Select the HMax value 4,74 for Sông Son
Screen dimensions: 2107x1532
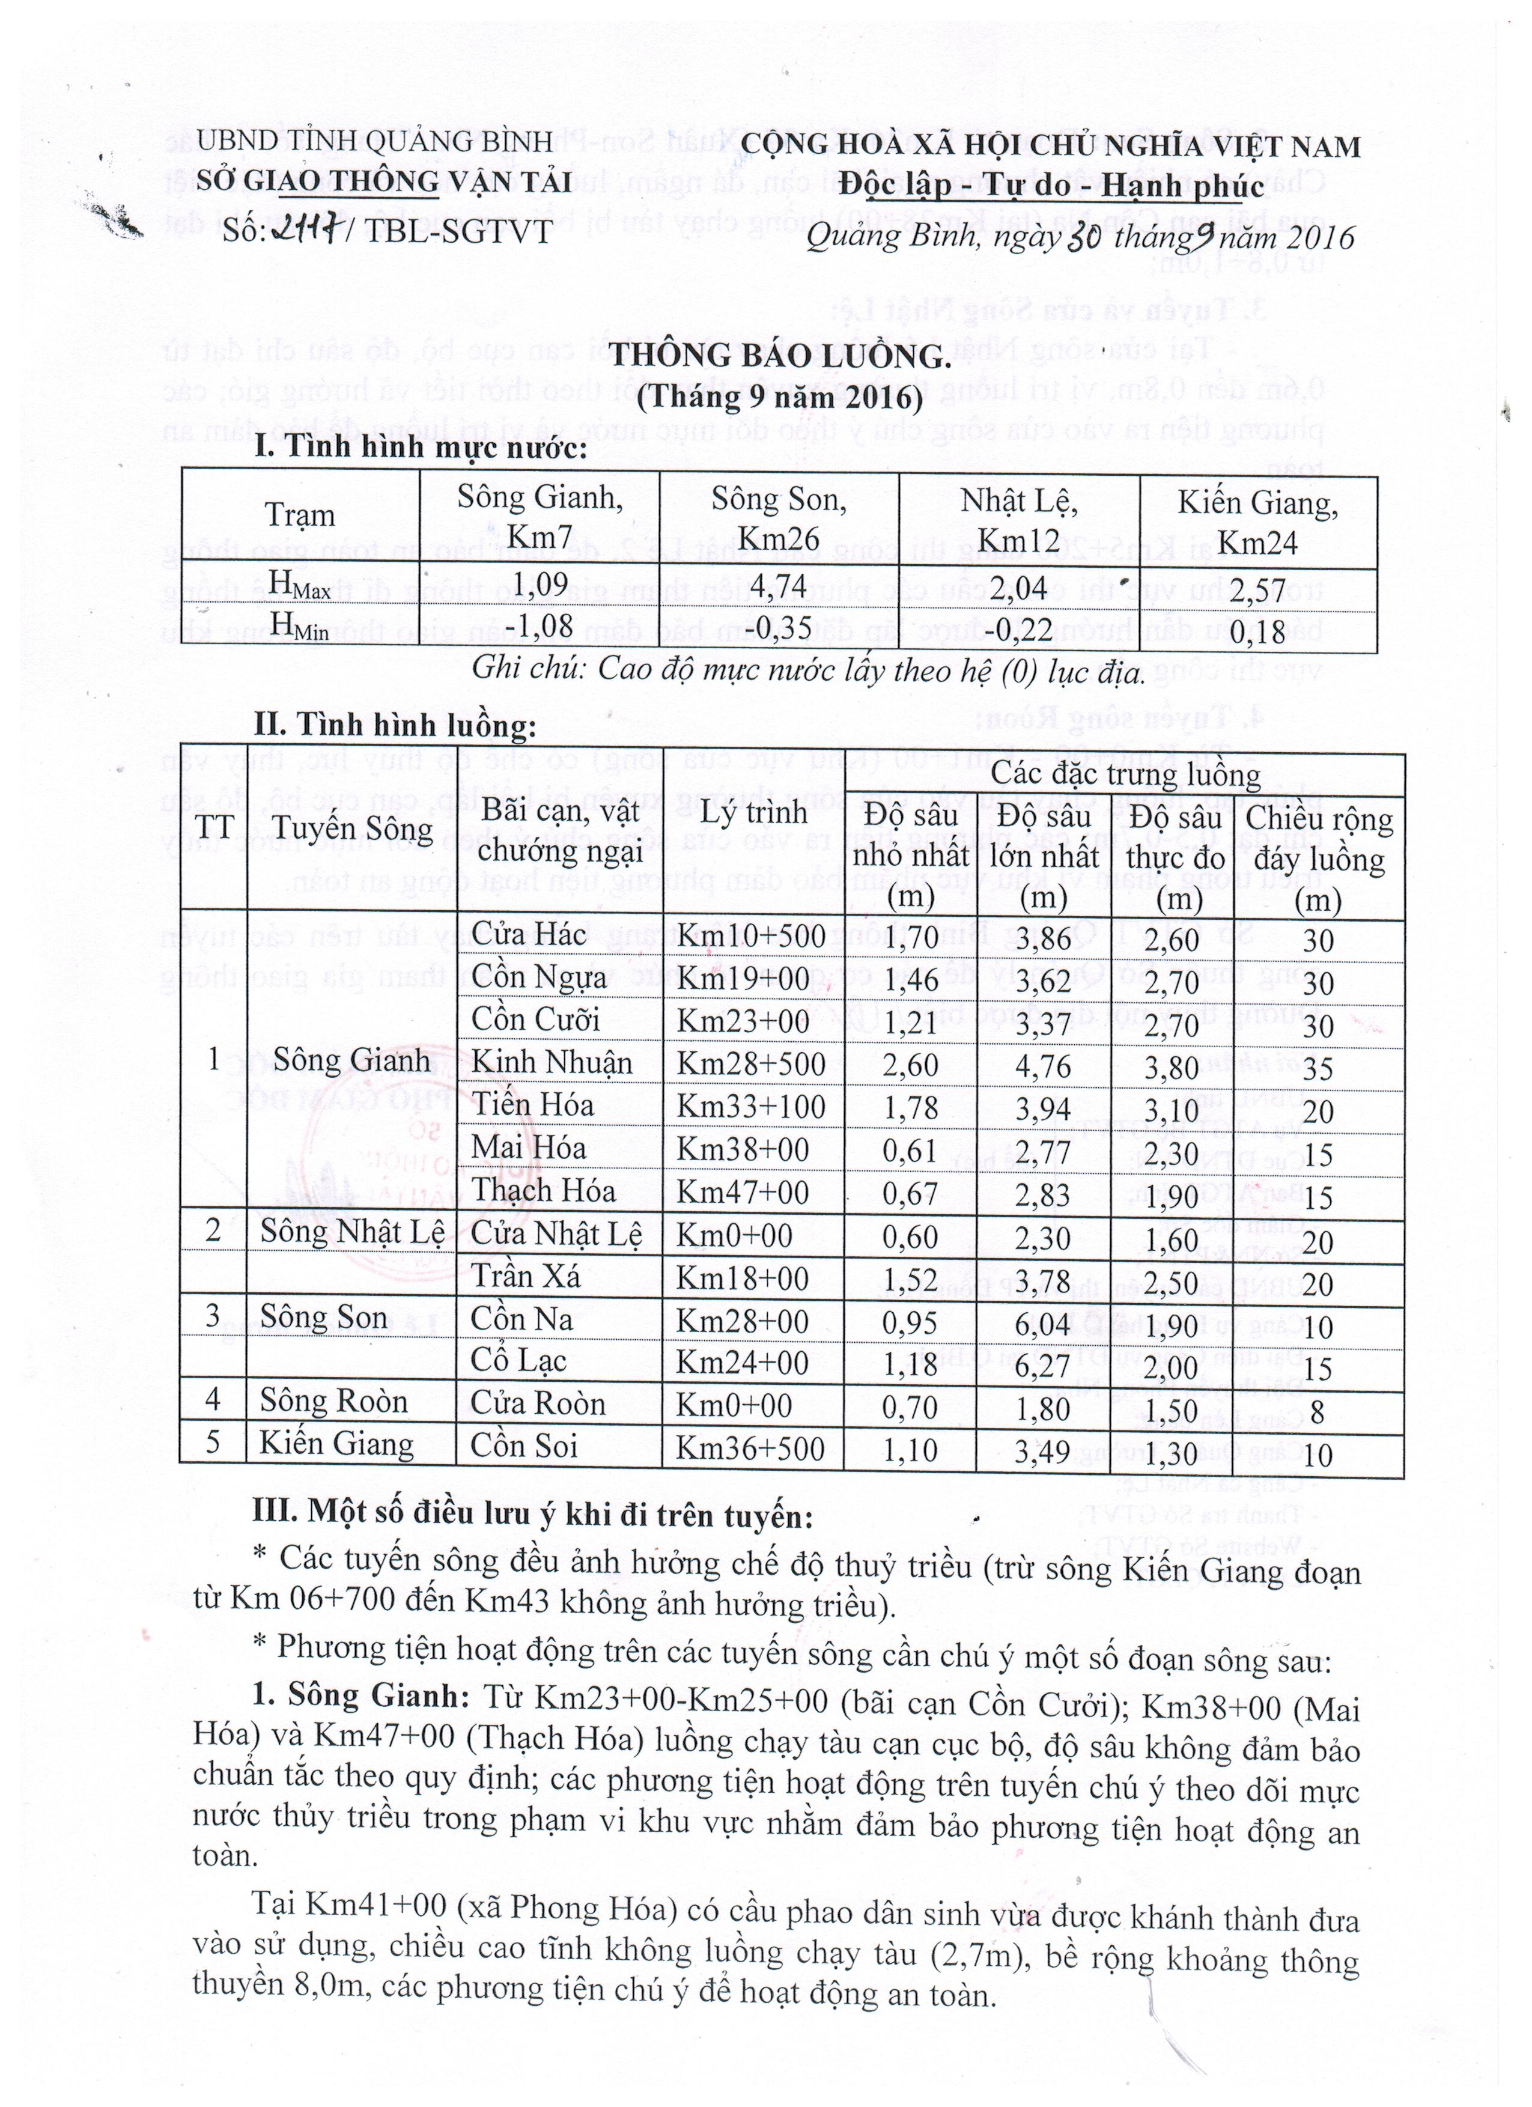(x=779, y=586)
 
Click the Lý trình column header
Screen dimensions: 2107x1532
(x=753, y=811)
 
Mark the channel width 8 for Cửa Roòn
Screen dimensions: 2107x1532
(x=1318, y=1413)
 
